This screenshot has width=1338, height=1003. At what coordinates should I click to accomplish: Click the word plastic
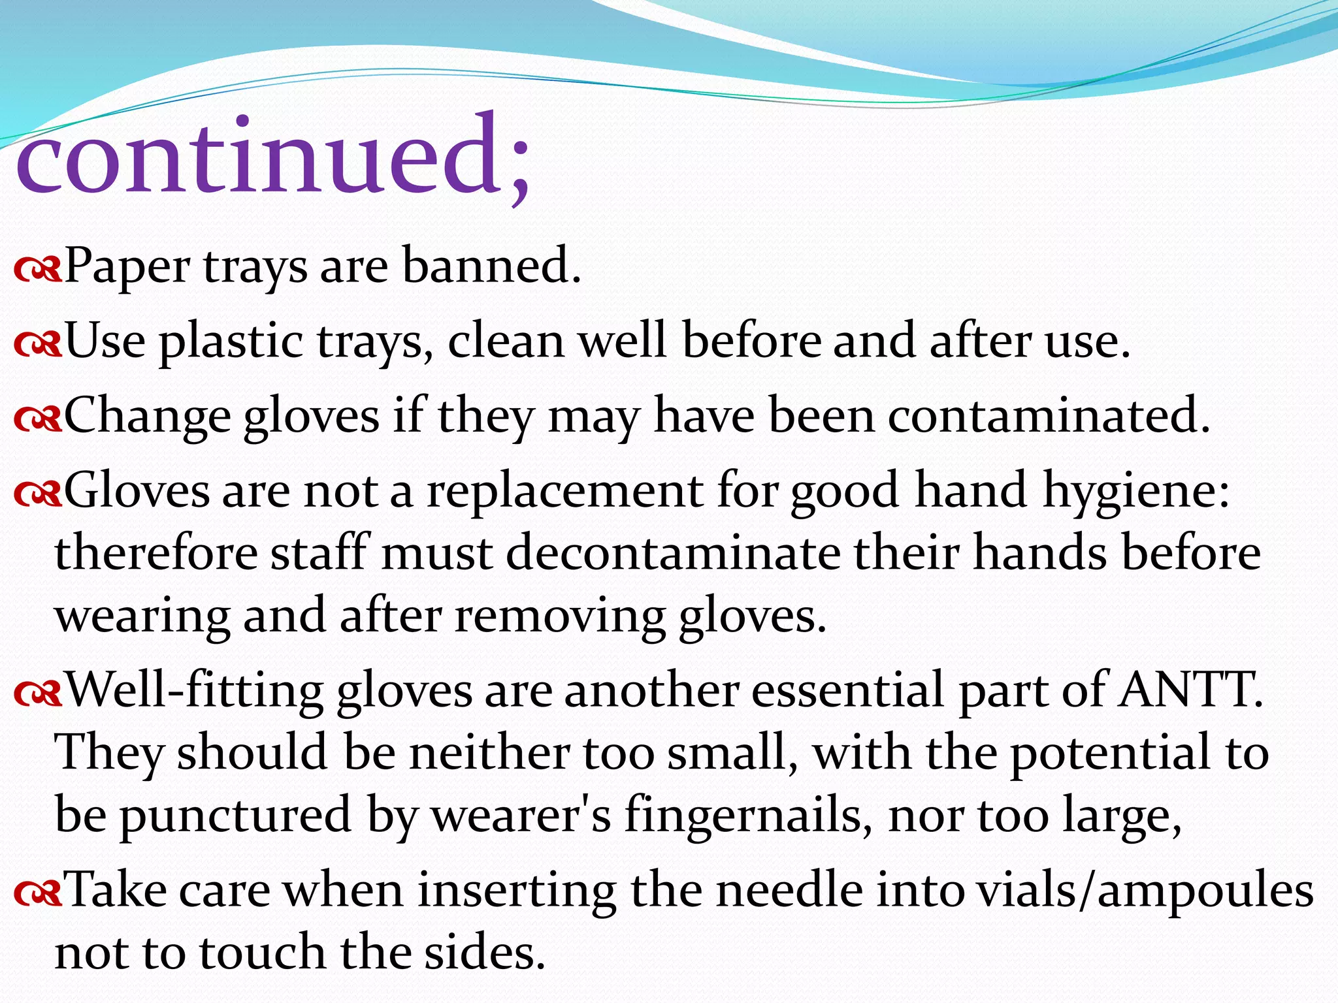[x=231, y=342]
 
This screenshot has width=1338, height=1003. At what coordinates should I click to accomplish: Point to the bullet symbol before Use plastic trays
[x=37, y=343]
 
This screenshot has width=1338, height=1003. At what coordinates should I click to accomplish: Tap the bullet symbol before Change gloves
[x=37, y=419]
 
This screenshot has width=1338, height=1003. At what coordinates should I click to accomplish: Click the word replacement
[x=565, y=492]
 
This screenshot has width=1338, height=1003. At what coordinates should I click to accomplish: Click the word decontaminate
[x=673, y=553]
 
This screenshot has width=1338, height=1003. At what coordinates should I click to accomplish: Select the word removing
[x=559, y=616]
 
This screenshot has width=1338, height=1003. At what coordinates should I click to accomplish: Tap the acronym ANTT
[x=1190, y=690]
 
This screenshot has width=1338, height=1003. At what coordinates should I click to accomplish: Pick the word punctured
[x=236, y=816]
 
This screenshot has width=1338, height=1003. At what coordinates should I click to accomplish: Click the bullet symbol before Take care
[x=37, y=892]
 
